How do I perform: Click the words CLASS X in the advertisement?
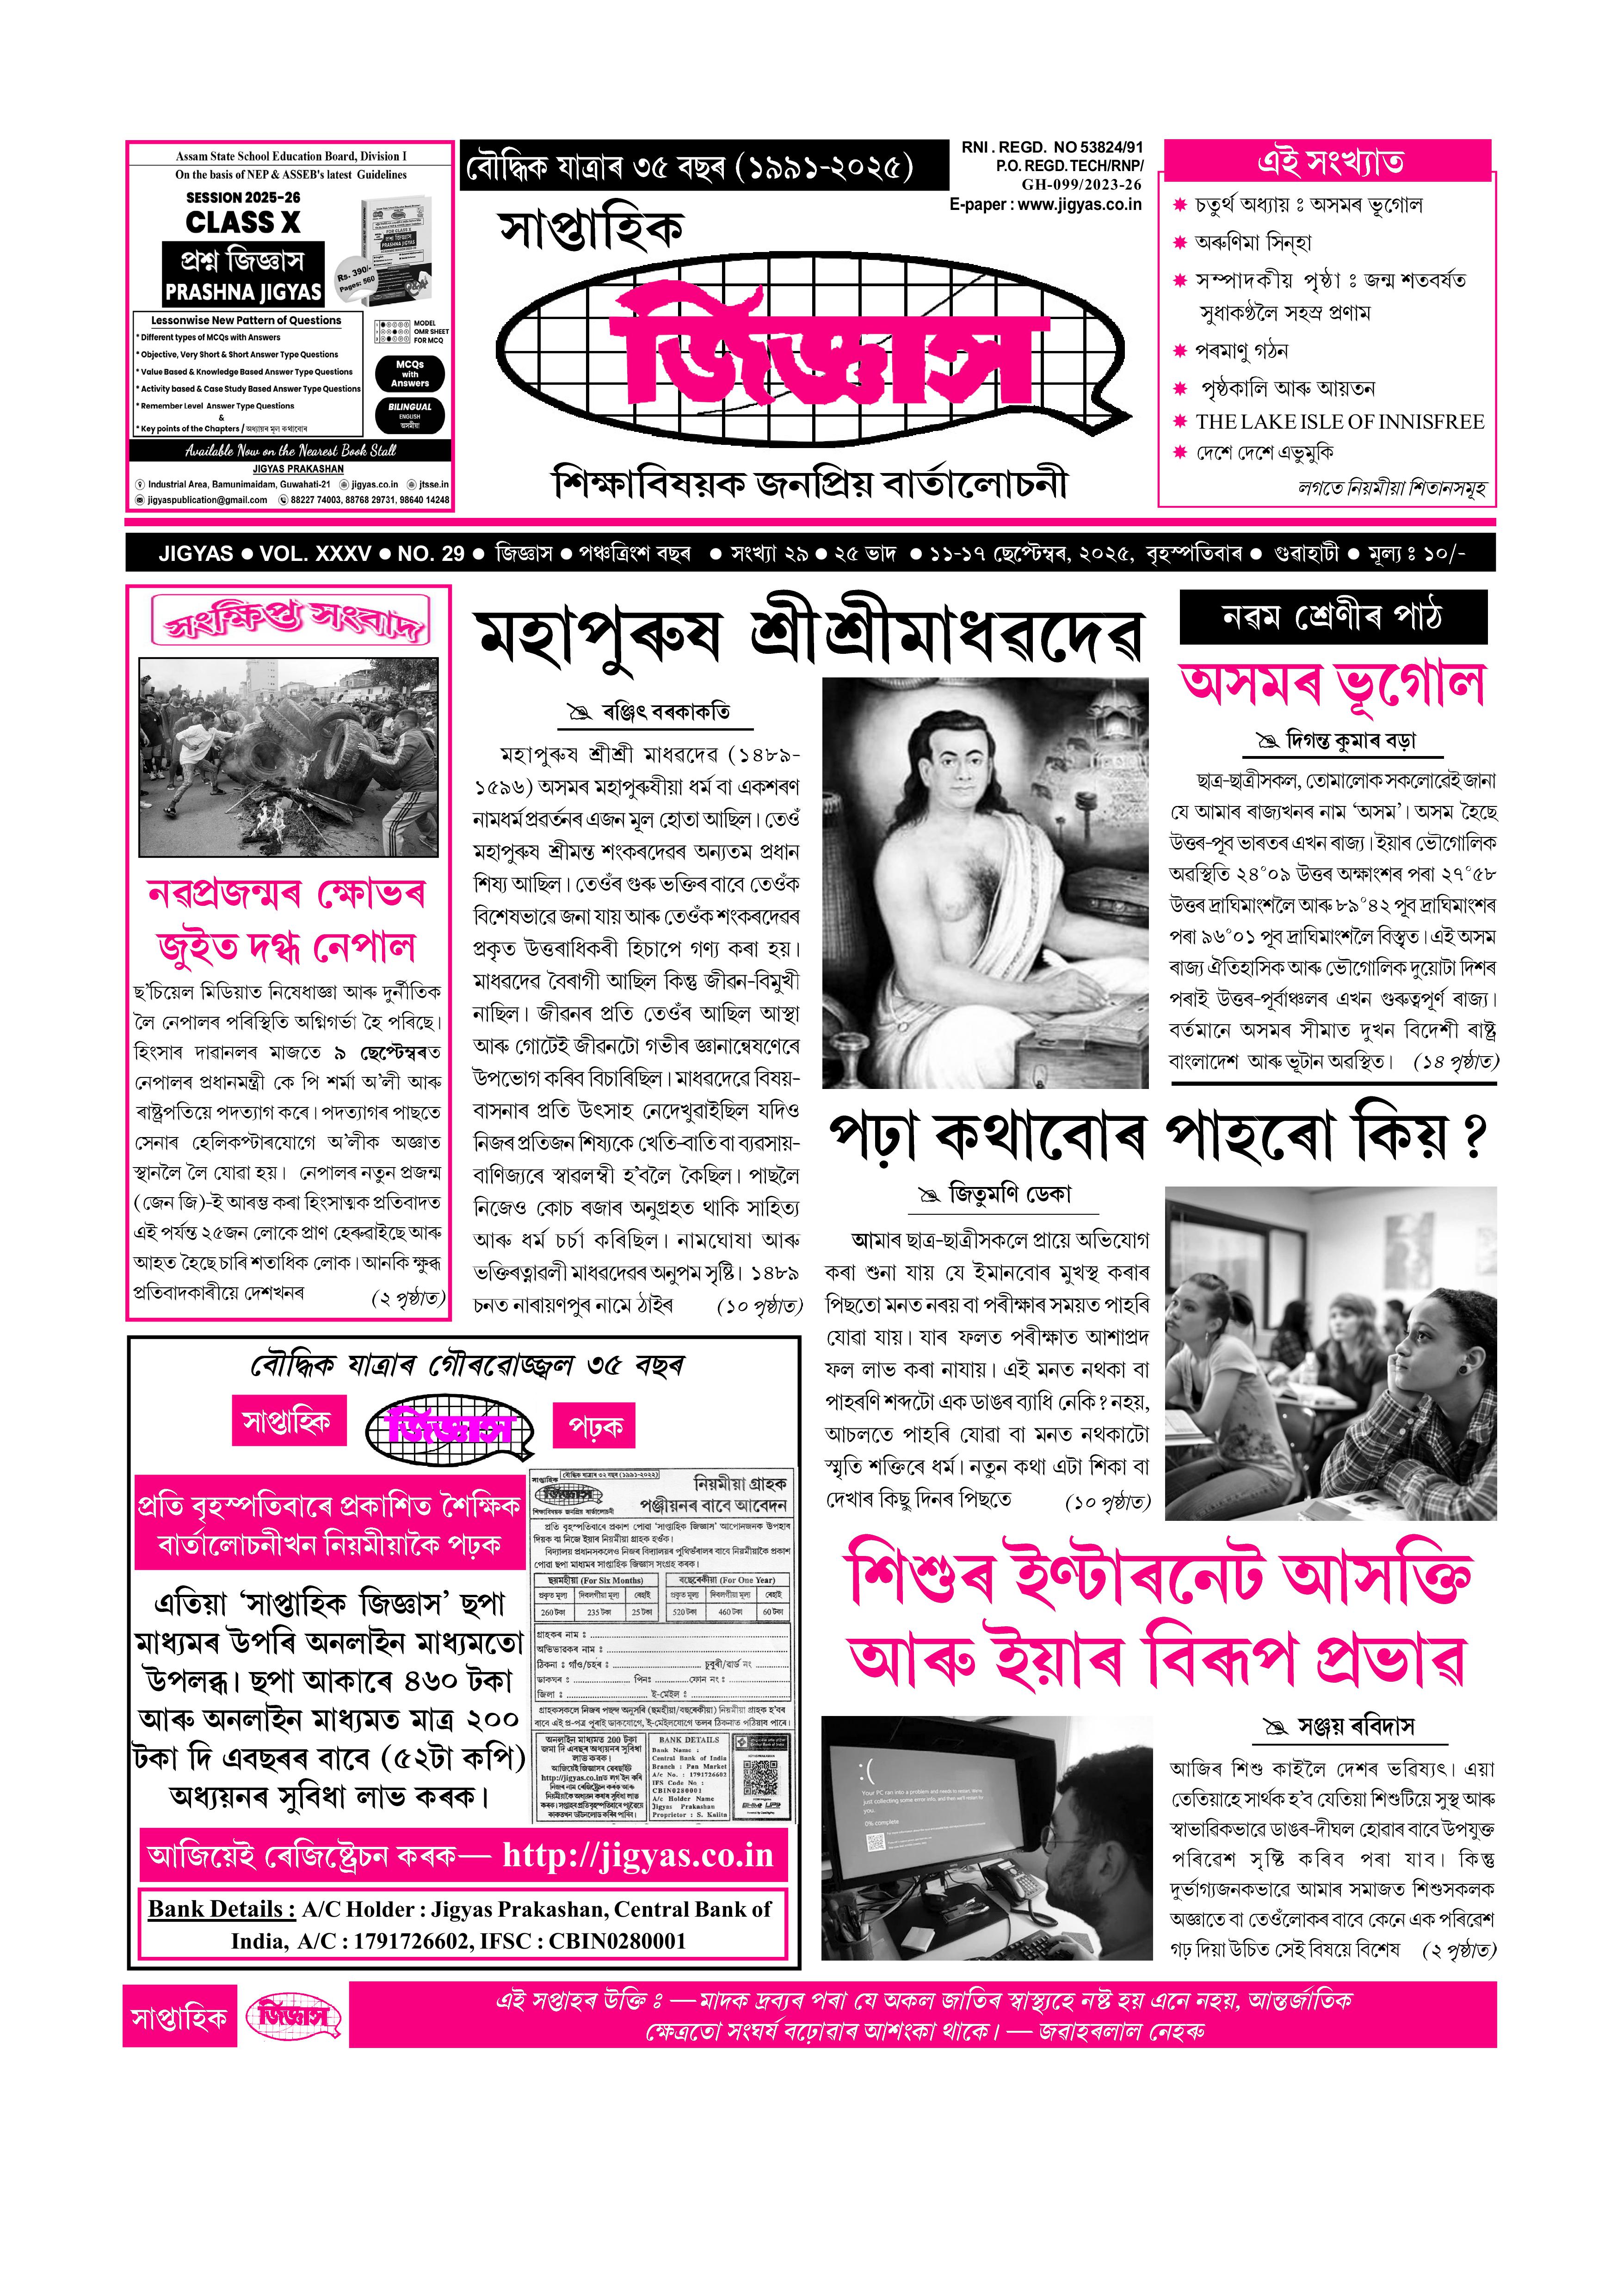click(x=243, y=222)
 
